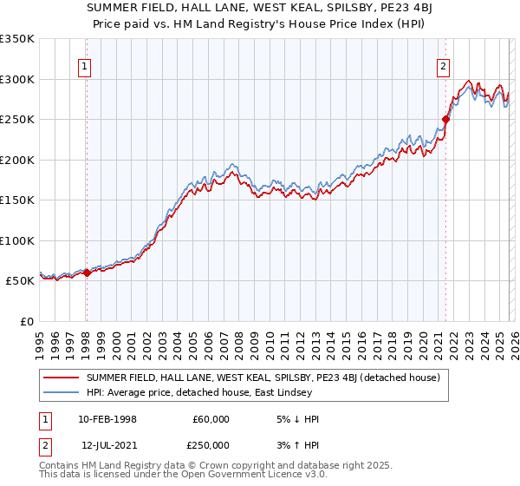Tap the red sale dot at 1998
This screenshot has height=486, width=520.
point(86,273)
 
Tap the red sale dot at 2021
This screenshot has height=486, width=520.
point(446,120)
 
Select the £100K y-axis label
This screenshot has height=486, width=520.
point(17,240)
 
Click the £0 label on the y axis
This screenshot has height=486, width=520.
point(26,321)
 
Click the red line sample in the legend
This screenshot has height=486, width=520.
point(62,378)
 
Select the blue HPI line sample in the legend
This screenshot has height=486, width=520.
point(62,392)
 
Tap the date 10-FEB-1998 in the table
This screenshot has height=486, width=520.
point(106,419)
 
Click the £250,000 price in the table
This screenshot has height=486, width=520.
point(211,443)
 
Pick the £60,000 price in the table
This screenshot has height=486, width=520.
point(211,419)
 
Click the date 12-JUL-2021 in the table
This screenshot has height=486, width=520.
point(107,443)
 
